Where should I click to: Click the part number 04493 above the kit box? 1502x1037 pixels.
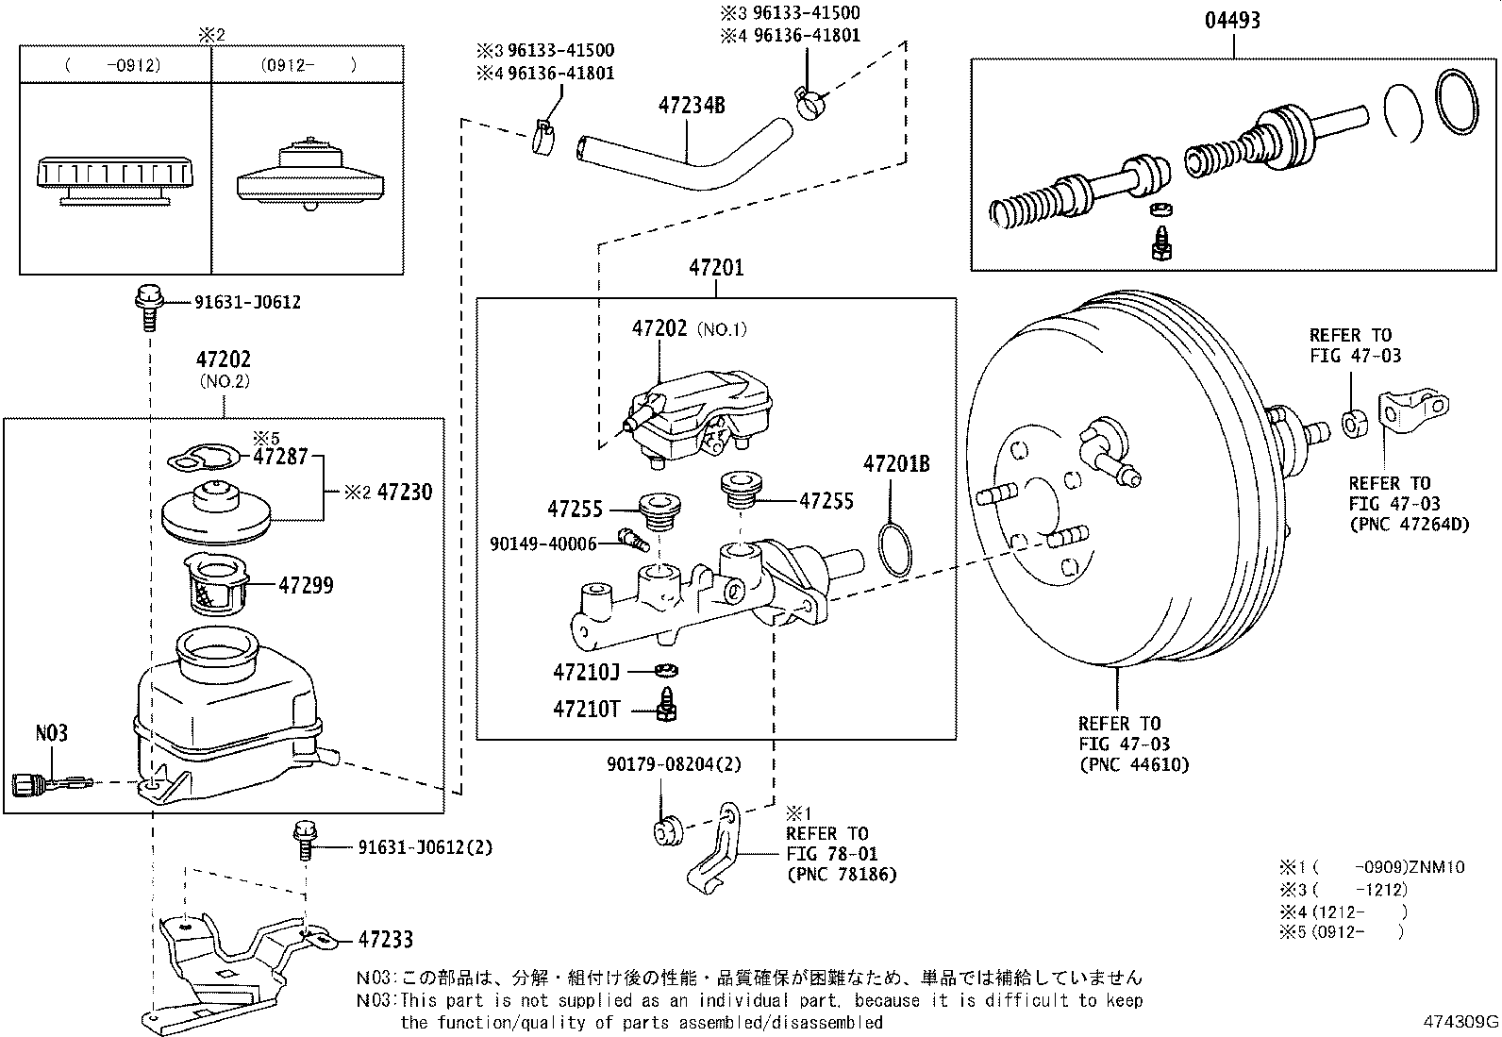click(x=1232, y=20)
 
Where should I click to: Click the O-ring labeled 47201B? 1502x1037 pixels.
click(x=894, y=551)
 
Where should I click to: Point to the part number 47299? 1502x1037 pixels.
click(x=306, y=585)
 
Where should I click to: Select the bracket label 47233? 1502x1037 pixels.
click(x=385, y=940)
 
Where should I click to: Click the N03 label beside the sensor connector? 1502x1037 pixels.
click(x=52, y=733)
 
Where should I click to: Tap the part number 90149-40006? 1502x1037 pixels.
click(x=543, y=544)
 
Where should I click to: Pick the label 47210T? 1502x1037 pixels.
click(x=586, y=708)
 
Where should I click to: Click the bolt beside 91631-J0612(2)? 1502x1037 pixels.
click(x=306, y=839)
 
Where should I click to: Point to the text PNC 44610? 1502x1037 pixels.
click(x=1134, y=764)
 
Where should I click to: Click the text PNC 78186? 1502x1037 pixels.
click(x=842, y=875)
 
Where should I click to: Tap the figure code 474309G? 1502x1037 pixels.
click(x=1460, y=1021)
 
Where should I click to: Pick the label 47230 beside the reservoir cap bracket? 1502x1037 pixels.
click(x=404, y=492)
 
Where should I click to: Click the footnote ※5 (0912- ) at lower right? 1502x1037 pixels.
click(x=1342, y=932)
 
